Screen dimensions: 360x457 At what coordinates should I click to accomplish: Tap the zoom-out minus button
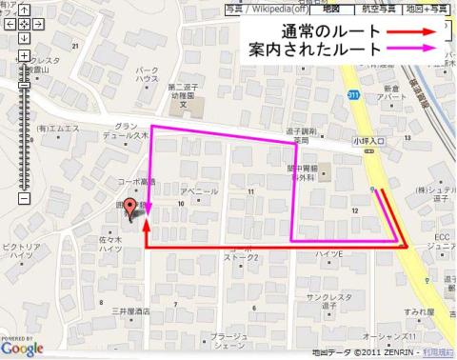click(x=25, y=199)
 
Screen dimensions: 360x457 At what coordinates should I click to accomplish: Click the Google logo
click(x=22, y=349)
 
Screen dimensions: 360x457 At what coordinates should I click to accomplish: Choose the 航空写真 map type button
click(x=379, y=9)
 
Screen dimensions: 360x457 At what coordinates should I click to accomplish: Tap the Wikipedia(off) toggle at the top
click(x=271, y=9)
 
